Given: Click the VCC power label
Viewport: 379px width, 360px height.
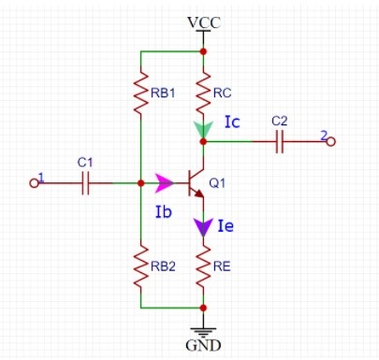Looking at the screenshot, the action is click(204, 22).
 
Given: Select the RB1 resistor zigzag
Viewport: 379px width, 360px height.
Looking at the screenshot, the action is click(140, 93).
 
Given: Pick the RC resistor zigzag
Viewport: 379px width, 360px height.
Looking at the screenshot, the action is click(203, 93).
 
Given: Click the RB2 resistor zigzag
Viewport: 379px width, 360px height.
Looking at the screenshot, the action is click(140, 266).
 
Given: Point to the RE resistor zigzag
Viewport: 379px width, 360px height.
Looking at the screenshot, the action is click(203, 266).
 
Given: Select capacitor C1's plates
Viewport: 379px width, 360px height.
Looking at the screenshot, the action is click(85, 183).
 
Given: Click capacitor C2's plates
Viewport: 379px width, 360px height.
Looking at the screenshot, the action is click(280, 141).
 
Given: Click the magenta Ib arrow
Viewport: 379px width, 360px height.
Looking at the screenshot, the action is click(164, 183).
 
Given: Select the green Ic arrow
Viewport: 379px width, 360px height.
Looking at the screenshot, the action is click(203, 129).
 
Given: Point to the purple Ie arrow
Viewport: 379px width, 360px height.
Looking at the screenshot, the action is click(203, 227).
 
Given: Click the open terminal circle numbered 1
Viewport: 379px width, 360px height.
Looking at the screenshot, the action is click(34, 183).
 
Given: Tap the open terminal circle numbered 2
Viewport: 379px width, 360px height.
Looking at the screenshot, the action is click(331, 141).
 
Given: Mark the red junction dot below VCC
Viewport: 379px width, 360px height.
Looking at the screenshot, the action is click(203, 51).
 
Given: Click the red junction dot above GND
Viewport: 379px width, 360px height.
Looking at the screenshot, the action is click(203, 308).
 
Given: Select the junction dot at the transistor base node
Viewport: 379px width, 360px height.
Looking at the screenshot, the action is click(140, 183).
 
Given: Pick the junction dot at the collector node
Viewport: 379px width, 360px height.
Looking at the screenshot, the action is click(203, 141).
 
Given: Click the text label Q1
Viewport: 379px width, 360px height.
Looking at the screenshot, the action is click(217, 183).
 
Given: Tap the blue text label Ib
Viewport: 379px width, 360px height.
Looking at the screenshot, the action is click(164, 211).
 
